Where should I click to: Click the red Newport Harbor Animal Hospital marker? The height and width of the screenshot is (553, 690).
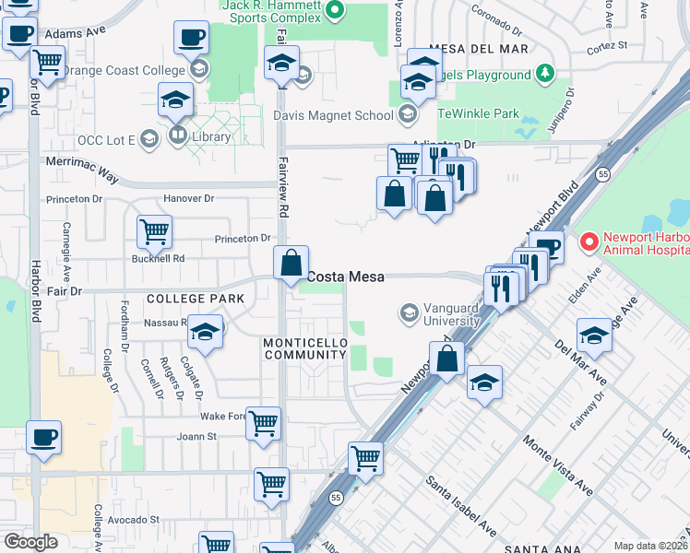click(x=588, y=242)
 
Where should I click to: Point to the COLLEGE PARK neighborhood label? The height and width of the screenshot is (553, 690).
click(x=196, y=299)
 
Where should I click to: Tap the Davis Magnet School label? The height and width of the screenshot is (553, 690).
click(x=333, y=115)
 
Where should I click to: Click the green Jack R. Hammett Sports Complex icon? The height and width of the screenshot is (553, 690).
click(x=336, y=11)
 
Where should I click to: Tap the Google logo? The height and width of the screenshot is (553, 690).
click(x=30, y=542)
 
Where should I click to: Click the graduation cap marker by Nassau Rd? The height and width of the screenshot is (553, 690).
click(x=206, y=333)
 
